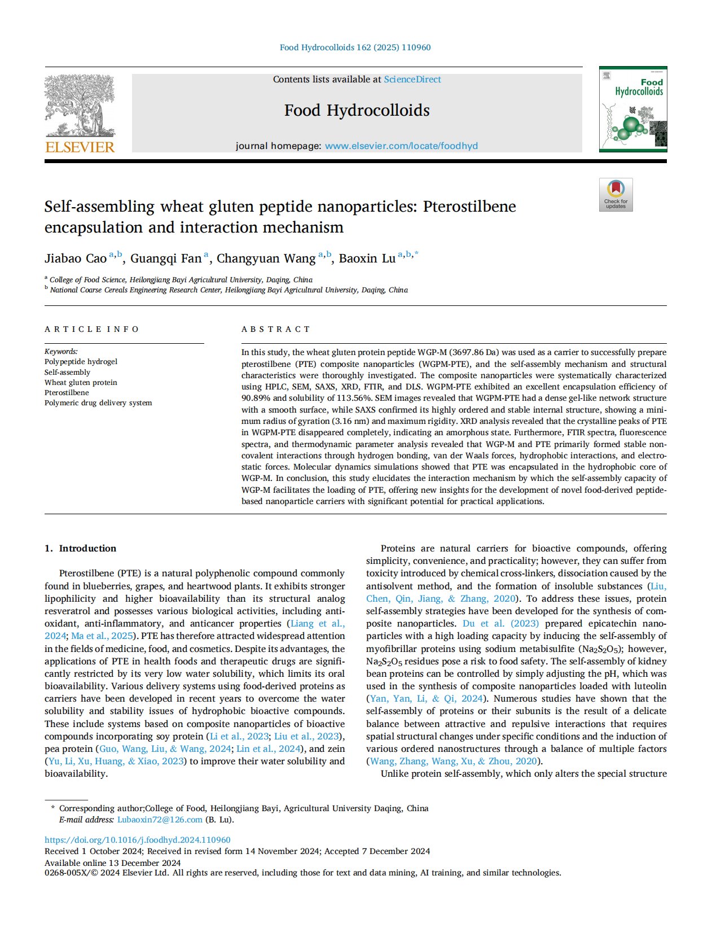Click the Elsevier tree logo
(x=80, y=106)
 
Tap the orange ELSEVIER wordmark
(x=80, y=147)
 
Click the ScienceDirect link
(x=412, y=80)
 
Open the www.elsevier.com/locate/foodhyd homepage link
(x=401, y=146)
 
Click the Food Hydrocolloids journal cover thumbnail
(x=632, y=109)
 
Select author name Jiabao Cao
(x=76, y=259)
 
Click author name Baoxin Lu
(x=367, y=259)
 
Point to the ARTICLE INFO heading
(x=91, y=329)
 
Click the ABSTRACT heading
(x=276, y=329)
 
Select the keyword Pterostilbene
(x=67, y=392)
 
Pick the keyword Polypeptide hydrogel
(x=81, y=361)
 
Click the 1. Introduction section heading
(x=80, y=548)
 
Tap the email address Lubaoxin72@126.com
(x=160, y=820)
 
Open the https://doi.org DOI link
(x=138, y=840)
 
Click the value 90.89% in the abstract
(x=258, y=398)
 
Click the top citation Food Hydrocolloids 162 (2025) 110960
(x=355, y=47)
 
